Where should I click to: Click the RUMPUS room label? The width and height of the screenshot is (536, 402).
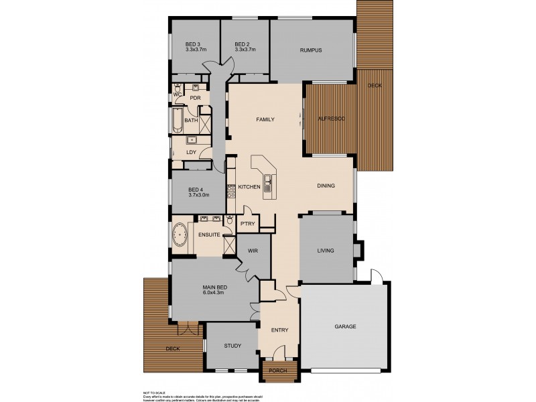click(x=311, y=50)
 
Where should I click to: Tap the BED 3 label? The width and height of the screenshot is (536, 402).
click(x=193, y=44)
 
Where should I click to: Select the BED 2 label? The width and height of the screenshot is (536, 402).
click(x=242, y=44)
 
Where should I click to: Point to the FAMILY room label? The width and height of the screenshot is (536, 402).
click(x=266, y=120)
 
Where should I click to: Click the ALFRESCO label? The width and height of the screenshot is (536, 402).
click(x=330, y=119)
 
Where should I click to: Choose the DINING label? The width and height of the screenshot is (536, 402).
click(x=326, y=186)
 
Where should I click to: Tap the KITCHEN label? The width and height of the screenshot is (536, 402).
click(x=249, y=187)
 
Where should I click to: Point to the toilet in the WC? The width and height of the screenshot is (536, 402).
click(x=176, y=88)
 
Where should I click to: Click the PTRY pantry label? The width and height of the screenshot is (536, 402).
click(x=247, y=224)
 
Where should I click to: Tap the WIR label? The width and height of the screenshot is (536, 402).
click(x=253, y=251)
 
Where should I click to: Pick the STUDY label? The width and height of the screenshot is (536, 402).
click(x=232, y=346)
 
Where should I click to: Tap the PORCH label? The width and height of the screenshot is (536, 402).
click(x=277, y=371)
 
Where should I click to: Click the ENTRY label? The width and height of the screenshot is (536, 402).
click(x=279, y=330)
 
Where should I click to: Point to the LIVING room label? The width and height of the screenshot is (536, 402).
click(x=326, y=251)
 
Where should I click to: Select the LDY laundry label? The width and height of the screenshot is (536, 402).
click(x=191, y=153)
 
